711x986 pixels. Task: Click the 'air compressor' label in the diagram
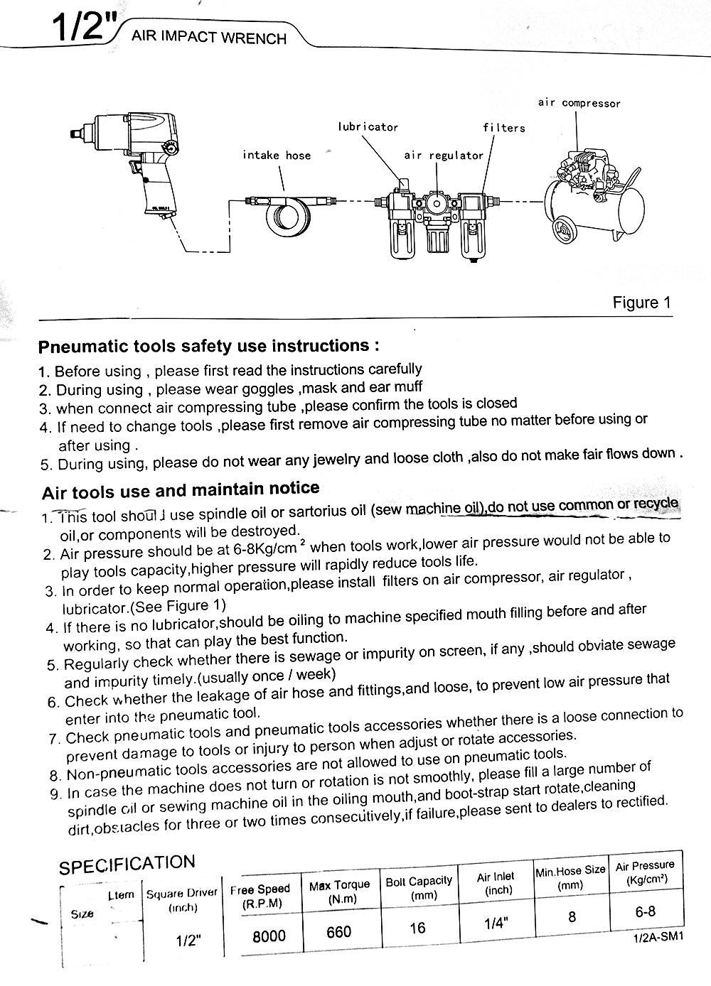coord(579,103)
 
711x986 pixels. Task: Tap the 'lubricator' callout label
coord(368,127)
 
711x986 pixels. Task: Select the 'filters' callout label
coord(503,128)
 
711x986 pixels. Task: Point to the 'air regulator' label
coord(443,155)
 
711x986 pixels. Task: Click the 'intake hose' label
coord(277,155)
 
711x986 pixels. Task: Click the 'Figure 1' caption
coord(641,303)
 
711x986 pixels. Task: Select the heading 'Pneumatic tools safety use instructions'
coord(208,347)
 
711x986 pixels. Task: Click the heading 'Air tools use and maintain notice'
coord(181,489)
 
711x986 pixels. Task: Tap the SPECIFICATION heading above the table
coord(127,865)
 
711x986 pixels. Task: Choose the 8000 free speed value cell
coord(269,936)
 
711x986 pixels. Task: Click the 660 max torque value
coord(338,931)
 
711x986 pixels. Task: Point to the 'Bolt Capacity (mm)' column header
coord(419,887)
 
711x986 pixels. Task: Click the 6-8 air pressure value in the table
coord(646,911)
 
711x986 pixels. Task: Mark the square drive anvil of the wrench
coord(76,133)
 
